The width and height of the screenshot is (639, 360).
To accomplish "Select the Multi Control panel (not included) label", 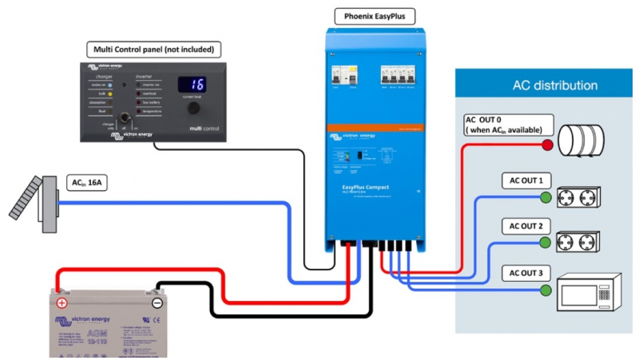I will [151, 49].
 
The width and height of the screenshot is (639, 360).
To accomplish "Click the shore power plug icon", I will [37, 201].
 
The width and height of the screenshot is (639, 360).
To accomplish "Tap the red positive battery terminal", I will [62, 303].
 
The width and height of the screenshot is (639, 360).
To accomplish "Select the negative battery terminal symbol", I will [157, 303].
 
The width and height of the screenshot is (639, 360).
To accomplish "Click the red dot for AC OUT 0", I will [548, 145].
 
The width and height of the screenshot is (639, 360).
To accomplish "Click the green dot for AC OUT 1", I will [546, 196].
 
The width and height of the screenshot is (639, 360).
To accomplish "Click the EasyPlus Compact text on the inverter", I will [358, 188].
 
